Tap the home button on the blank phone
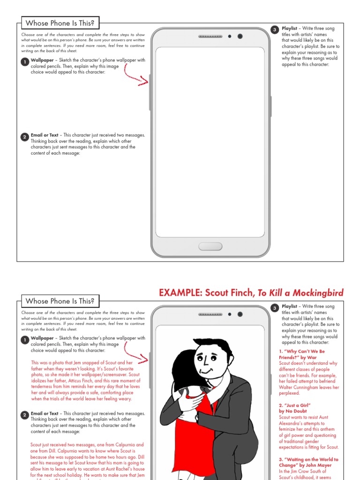pos(210,247)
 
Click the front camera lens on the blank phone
pos(240,36)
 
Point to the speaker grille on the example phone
pos(210,314)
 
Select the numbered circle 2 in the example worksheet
pos(25,415)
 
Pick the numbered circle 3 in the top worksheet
pos(275,30)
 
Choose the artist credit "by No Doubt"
pos(293,411)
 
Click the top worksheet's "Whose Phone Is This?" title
pos(60,23)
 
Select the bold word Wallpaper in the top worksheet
pos(43,60)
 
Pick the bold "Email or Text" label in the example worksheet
pos(45,413)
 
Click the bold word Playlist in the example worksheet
pos(290,307)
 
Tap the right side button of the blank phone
pos(271,106)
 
